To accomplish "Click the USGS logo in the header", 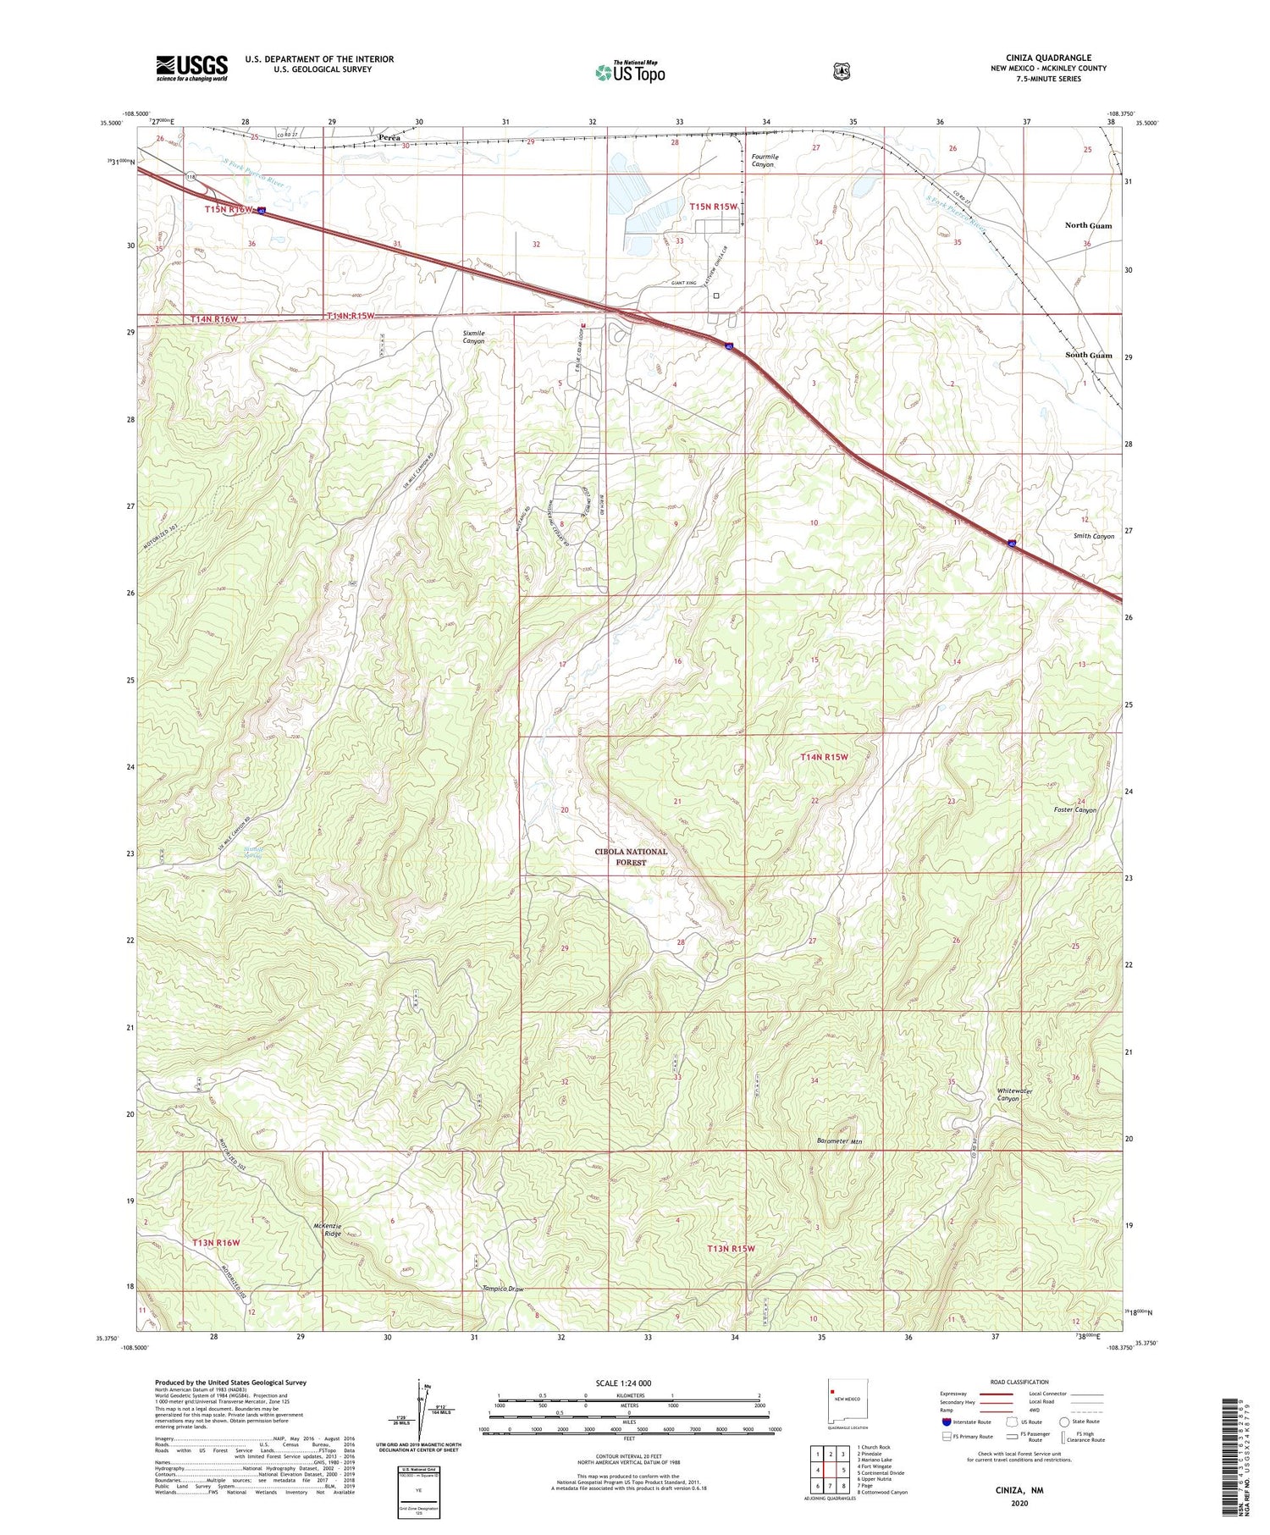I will pyautogui.click(x=191, y=68).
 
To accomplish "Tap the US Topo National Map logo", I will pyautogui.click(x=630, y=72).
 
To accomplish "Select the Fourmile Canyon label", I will pyautogui.click(x=764, y=161).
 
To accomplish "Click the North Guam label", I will pyautogui.click(x=1088, y=225).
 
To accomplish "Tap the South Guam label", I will pyautogui.click(x=1088, y=355).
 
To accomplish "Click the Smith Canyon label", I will pyautogui.click(x=1093, y=536).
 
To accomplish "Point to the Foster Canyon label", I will pyautogui.click(x=1074, y=809).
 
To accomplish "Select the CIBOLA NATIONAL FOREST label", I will pyautogui.click(x=630, y=857).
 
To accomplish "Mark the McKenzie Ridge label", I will pyautogui.click(x=314, y=1229).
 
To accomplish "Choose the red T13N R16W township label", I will pyautogui.click(x=215, y=1242).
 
